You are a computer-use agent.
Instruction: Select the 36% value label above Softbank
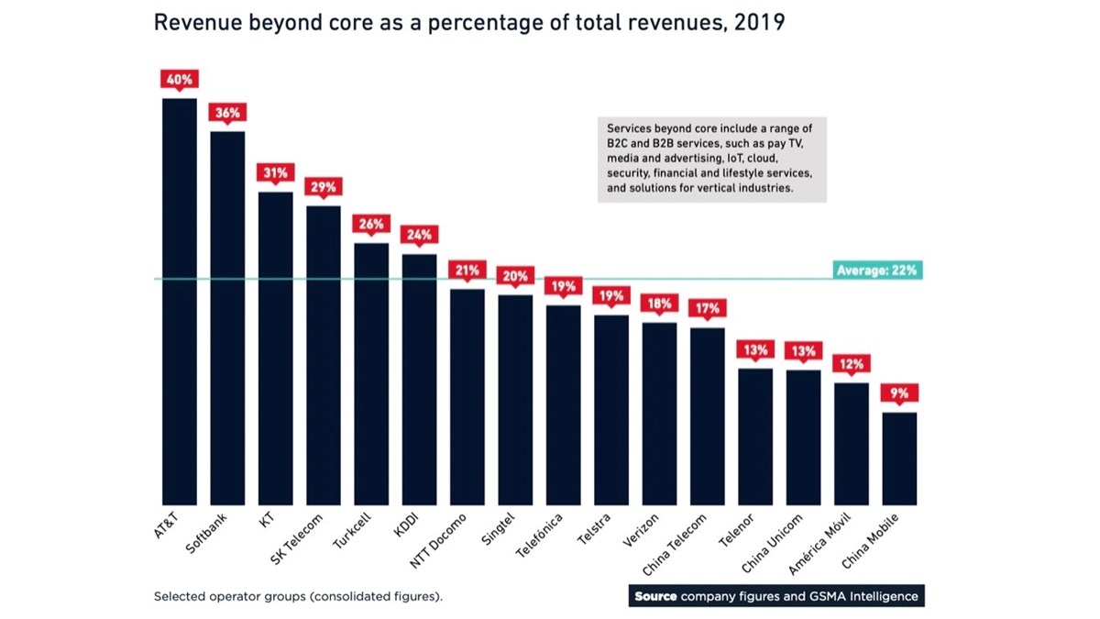click(227, 113)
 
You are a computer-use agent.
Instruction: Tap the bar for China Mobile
click(899, 459)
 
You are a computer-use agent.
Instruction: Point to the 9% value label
click(899, 393)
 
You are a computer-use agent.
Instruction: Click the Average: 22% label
click(876, 271)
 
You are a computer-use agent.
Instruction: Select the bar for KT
click(275, 348)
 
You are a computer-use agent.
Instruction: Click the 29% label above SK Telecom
click(323, 187)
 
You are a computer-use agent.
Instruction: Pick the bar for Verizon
click(659, 414)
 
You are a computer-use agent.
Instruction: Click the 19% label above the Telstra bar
click(611, 296)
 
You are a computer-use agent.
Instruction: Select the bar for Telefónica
click(563, 404)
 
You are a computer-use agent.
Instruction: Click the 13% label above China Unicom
click(803, 351)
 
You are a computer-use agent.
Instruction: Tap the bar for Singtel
click(515, 400)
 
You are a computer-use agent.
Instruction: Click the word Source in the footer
click(656, 596)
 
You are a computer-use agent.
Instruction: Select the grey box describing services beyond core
click(711, 159)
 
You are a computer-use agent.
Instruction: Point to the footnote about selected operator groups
click(298, 596)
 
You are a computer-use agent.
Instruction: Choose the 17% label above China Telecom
click(707, 309)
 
